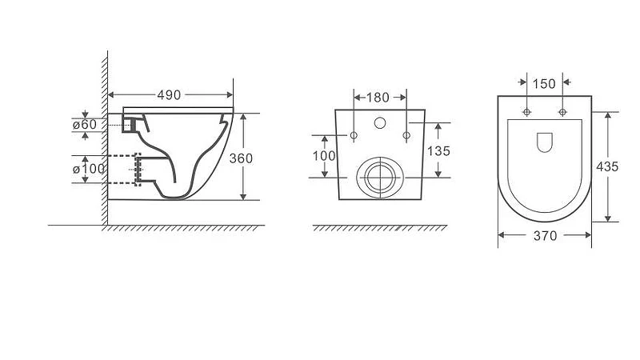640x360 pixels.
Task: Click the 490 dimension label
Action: click(x=169, y=95)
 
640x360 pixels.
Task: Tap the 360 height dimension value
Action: click(x=241, y=158)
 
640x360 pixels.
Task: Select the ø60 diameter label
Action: click(x=85, y=125)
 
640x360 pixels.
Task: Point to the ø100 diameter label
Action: click(x=89, y=169)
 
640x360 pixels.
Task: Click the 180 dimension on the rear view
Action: click(x=378, y=98)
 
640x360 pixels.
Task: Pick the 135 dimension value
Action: click(x=438, y=151)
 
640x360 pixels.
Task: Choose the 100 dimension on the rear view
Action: click(x=324, y=155)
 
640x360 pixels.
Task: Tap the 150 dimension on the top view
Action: click(x=544, y=84)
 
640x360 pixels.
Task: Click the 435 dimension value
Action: click(x=607, y=166)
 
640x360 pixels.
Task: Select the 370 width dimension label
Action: click(x=545, y=235)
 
